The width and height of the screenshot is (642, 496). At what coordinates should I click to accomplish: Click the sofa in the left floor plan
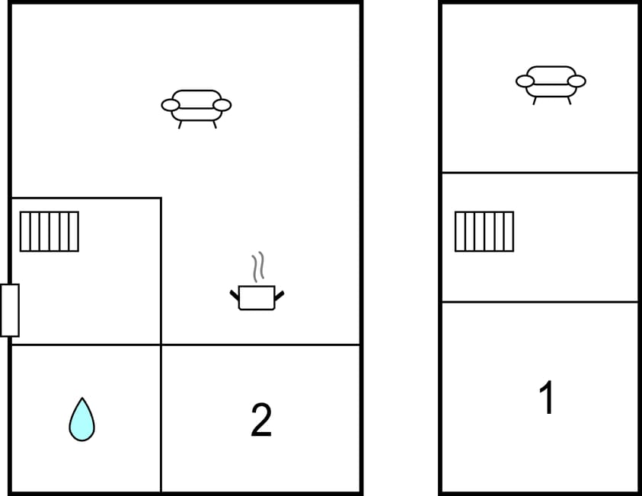pos(196,107)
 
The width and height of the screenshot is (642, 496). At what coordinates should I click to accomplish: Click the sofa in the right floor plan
pos(551,82)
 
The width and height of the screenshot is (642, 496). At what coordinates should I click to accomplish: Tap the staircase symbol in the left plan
pos(50,231)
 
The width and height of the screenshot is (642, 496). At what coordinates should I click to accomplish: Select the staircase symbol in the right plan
pos(484,231)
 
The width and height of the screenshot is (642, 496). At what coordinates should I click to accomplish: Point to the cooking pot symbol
pos(257,297)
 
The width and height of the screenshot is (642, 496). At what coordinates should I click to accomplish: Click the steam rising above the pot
pos(259,267)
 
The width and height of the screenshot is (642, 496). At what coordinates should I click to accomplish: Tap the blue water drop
pos(81,420)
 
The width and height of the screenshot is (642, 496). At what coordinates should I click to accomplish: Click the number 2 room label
pos(261,420)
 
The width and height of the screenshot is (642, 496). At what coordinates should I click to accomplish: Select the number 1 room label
pos(546,399)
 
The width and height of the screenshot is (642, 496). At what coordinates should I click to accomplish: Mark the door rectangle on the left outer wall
pos(10,310)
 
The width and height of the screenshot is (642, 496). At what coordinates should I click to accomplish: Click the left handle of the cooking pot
pos(235,294)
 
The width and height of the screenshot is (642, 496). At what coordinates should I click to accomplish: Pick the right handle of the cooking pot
pos(279,294)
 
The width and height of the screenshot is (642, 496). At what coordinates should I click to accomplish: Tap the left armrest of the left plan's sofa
pos(171,105)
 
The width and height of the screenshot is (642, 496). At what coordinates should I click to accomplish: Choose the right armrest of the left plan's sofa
pos(222,105)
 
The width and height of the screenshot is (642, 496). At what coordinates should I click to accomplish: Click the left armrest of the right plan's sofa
pos(525,81)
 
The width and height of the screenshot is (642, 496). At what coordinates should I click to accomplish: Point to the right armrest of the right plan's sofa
pos(577,81)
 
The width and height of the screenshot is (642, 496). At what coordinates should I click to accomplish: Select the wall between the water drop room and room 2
pos(161,418)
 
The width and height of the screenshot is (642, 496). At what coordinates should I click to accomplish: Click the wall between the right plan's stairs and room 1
pos(540,302)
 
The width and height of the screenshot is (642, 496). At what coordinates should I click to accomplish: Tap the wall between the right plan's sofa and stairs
pos(540,173)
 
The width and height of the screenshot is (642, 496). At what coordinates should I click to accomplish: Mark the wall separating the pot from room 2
pos(260,345)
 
